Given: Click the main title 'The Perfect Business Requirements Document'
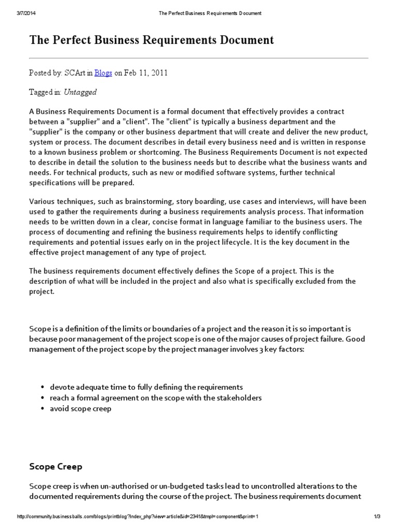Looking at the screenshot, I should point(151,40).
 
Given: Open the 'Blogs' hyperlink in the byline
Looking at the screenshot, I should point(103,73).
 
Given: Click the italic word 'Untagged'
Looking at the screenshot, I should point(80,92).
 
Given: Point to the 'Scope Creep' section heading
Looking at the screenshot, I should point(55,466).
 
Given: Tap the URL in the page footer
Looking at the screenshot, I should point(138,517).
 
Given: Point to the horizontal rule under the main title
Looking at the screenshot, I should point(198,57).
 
